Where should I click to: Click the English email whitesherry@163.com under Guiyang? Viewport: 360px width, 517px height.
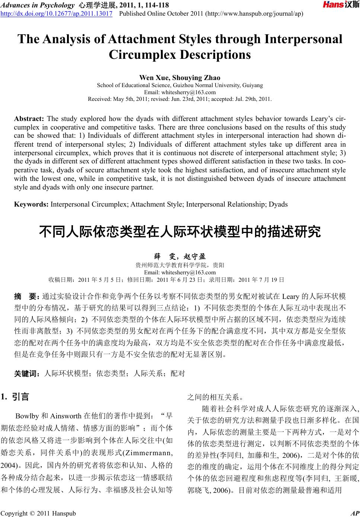[179, 92]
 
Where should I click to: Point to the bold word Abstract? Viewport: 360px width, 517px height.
[29, 119]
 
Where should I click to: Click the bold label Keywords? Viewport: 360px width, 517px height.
[31, 204]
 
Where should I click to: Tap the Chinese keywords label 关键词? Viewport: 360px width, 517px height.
[27, 373]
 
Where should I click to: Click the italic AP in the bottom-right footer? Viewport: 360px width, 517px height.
[354, 514]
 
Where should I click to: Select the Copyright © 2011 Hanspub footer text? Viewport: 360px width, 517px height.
[38, 514]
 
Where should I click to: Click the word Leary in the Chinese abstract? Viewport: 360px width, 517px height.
[291, 297]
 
